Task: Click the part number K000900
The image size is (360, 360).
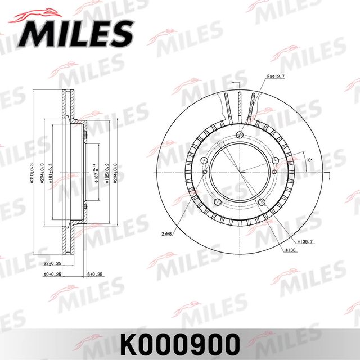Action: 180,341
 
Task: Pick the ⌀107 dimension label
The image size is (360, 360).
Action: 97,172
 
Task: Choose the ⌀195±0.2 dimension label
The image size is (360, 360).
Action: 107,172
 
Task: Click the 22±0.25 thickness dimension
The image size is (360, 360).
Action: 53,263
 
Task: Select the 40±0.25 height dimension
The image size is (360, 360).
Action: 53,274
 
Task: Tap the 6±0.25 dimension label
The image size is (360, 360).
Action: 96,274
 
